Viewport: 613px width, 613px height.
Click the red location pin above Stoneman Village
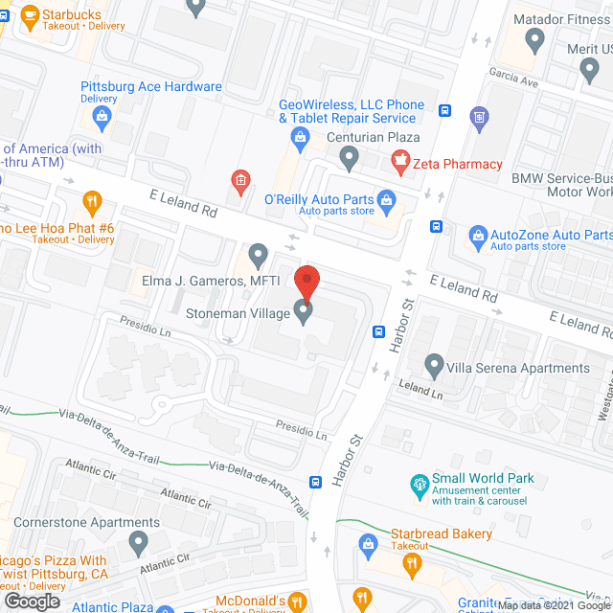point(306,282)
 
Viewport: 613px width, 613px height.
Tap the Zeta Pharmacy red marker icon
point(400,163)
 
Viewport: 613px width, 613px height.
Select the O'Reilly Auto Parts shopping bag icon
point(387,200)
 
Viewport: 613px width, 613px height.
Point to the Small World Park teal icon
point(419,486)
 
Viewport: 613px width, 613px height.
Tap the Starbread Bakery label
point(442,534)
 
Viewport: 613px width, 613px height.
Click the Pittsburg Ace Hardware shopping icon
point(102,117)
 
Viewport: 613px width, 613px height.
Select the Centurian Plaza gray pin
point(349,156)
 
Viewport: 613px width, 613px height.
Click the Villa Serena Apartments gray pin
point(434,366)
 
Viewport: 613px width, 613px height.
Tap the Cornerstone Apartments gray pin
point(138,543)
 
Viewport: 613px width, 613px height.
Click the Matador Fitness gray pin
point(535,39)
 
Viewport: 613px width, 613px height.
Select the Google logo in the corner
point(32,601)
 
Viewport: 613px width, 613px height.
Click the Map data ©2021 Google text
point(553,605)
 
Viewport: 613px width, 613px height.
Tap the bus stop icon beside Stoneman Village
point(379,332)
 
